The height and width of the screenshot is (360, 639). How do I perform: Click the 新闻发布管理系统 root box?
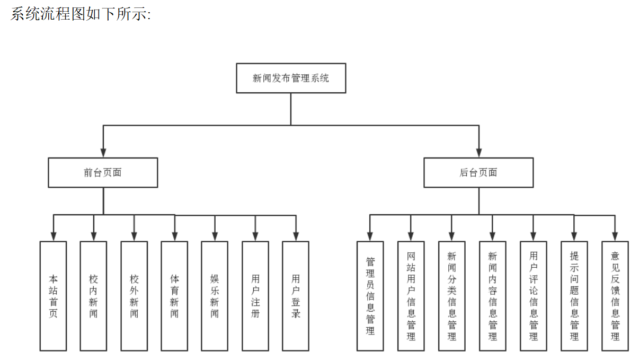point(291,78)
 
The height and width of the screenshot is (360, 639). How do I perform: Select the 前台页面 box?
point(103,172)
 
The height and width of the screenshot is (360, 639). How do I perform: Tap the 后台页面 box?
point(478,172)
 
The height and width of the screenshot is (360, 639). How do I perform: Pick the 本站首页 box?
point(53,296)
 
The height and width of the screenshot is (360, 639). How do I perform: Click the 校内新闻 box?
point(93,296)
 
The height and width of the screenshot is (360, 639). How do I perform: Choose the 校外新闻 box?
point(134,296)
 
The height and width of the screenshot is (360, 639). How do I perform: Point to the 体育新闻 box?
point(174,296)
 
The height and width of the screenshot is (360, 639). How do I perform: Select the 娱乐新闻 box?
point(215,296)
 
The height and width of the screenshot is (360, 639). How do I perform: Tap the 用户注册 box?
point(255,296)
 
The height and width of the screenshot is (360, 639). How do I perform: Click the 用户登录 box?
point(296,296)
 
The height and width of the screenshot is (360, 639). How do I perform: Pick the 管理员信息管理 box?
point(370,296)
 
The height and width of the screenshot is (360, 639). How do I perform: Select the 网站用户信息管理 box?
point(411,296)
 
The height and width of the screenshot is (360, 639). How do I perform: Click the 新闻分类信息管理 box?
point(451,296)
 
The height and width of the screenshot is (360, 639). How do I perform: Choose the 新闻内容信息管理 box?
point(493,296)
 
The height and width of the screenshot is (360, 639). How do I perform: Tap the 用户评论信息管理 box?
point(534,296)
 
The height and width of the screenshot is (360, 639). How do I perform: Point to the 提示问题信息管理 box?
point(574,296)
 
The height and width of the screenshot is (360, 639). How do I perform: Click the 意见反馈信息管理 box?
point(615,296)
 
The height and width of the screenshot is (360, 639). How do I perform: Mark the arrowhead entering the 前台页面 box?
point(103,153)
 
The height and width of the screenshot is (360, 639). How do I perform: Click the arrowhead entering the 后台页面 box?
point(478,153)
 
